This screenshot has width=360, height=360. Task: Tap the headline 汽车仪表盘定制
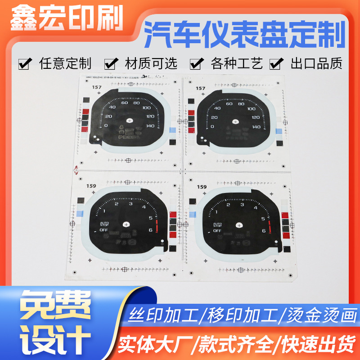click(x=245, y=36)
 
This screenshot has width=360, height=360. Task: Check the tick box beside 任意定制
click(x=26, y=63)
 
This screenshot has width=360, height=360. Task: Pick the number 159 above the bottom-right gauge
click(x=202, y=186)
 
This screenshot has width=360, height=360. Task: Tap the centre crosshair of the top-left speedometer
click(x=130, y=120)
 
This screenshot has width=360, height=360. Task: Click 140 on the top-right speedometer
click(x=256, y=126)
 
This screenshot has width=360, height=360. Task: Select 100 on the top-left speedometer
click(x=146, y=108)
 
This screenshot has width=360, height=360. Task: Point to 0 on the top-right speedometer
click(x=212, y=126)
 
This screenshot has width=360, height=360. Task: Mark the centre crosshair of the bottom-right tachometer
click(x=238, y=224)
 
